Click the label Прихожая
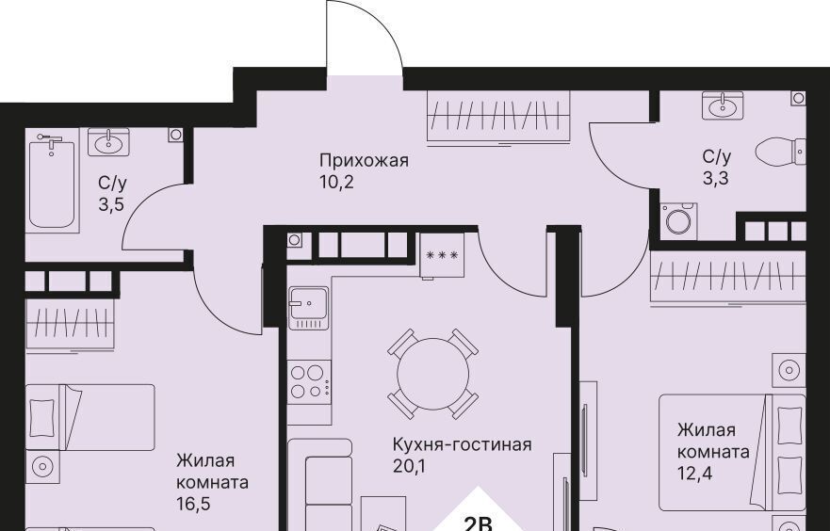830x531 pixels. [x=365, y=160]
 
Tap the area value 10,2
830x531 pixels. [x=336, y=182]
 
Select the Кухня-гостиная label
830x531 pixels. [x=463, y=444]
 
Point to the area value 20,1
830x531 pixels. [x=409, y=466]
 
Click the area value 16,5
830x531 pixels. [x=194, y=504]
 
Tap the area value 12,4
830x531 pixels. [x=694, y=474]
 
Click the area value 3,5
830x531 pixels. [x=111, y=204]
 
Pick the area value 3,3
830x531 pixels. [x=716, y=179]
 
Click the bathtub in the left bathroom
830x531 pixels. [x=52, y=181]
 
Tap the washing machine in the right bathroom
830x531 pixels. [x=678, y=220]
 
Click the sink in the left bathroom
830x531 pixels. [x=108, y=142]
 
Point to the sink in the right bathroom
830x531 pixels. [x=723, y=105]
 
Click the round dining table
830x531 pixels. [x=433, y=374]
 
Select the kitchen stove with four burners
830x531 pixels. [x=310, y=382]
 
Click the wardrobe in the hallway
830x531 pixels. [x=498, y=116]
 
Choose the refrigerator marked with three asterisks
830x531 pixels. [x=442, y=255]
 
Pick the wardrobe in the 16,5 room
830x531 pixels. [x=71, y=324]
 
